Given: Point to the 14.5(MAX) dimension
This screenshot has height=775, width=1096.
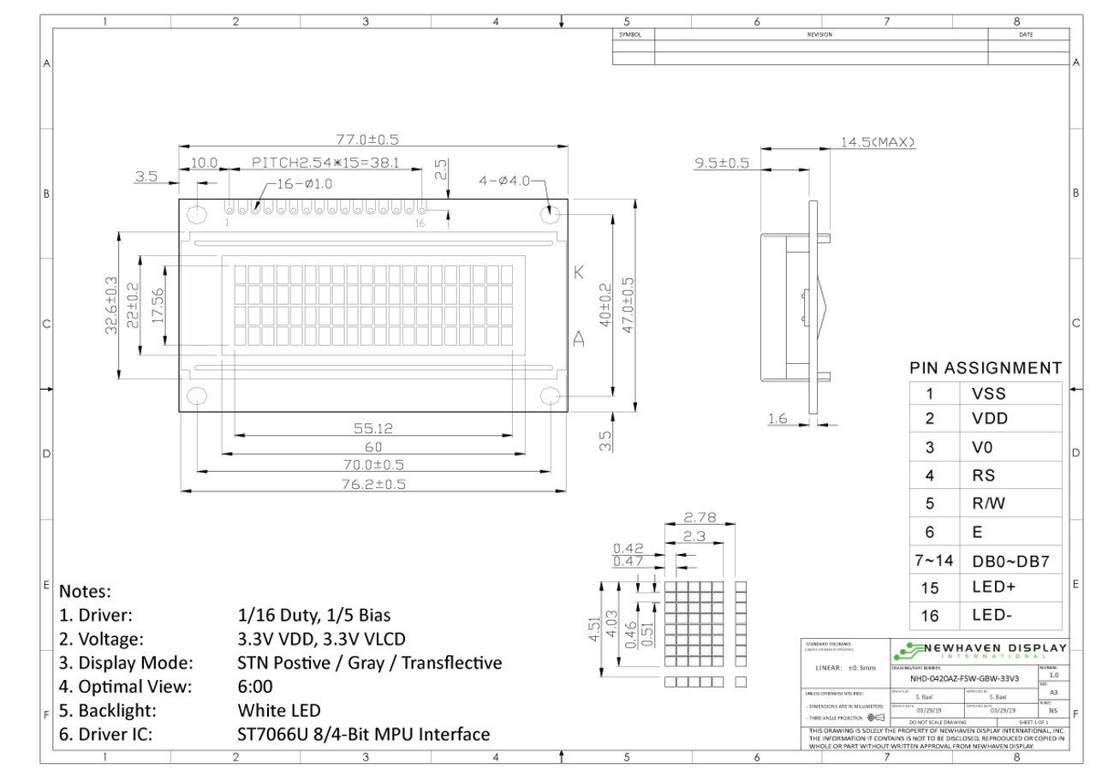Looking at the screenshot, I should (878, 141).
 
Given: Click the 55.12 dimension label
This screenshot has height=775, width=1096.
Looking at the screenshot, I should (373, 429).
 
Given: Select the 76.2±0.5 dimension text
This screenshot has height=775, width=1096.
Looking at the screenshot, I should (373, 484).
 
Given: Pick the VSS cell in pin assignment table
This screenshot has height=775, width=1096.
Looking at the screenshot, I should (989, 395).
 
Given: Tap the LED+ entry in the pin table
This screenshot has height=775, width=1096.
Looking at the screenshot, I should (992, 587).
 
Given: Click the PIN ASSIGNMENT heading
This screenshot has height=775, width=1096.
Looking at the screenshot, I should (985, 368).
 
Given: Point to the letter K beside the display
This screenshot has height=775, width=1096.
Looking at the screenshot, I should (579, 274).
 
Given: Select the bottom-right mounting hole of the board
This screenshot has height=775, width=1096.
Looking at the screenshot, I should (551, 396).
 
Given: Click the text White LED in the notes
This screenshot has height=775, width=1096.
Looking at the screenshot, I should (279, 711).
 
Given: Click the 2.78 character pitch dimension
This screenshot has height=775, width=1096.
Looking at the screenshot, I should (700, 517).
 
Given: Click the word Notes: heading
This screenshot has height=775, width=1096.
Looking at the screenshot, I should (86, 592).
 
